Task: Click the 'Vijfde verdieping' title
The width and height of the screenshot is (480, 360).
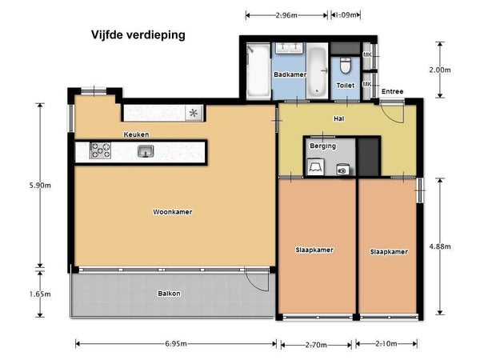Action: tap(138, 35)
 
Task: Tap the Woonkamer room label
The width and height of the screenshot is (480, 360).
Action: tap(173, 212)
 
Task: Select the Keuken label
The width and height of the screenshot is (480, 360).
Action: tap(136, 134)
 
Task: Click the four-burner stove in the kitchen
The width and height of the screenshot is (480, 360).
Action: tap(100, 150)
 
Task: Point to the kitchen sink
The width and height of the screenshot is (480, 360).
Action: tap(146, 151)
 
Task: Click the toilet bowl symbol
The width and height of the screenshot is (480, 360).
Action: tap(346, 66)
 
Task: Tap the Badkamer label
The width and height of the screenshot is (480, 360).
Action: tap(290, 74)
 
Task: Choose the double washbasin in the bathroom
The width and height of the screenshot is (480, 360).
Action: tap(289, 48)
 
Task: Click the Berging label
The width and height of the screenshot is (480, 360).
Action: tap(323, 146)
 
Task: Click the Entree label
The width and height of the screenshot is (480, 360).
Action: tap(393, 91)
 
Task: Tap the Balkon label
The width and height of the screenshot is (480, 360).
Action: tap(169, 294)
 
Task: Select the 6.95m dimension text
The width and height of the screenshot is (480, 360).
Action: tap(176, 344)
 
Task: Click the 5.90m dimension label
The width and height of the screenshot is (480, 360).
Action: tap(40, 186)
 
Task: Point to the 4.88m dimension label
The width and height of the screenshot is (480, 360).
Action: tap(440, 246)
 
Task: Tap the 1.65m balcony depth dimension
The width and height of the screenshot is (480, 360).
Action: tap(40, 294)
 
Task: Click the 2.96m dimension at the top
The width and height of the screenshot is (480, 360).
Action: tap(286, 15)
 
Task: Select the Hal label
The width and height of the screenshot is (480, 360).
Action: tap(339, 118)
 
